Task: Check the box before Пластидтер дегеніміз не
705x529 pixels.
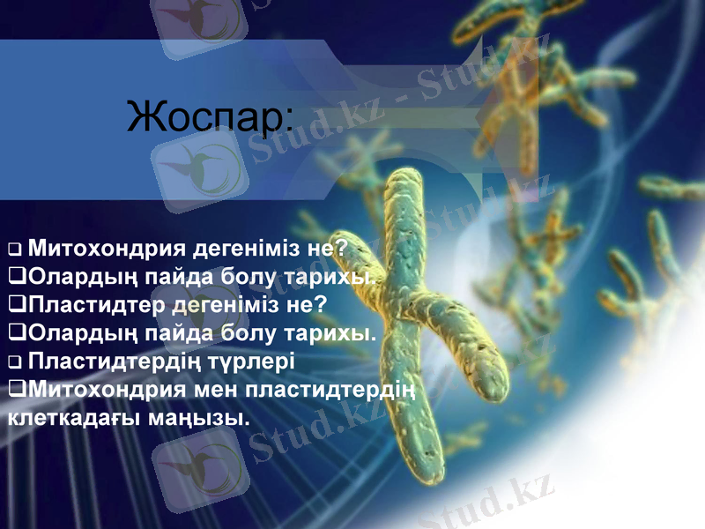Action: (16, 305)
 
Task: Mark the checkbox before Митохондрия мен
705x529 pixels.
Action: (16, 389)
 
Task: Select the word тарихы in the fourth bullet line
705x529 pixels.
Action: (330, 332)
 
